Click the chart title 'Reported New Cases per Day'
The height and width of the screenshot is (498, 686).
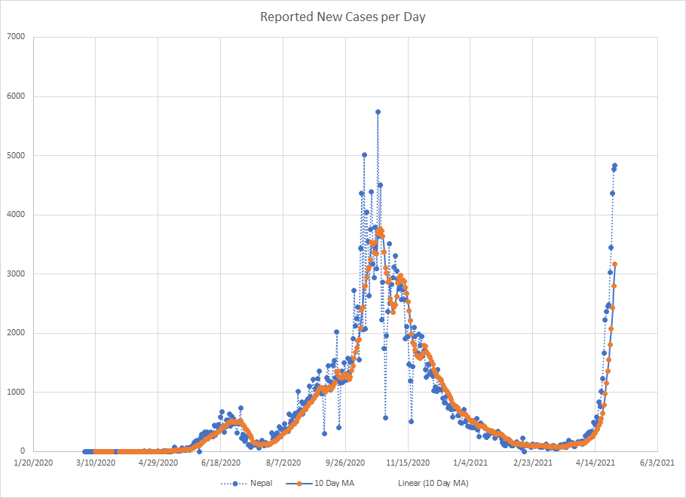pos(343,17)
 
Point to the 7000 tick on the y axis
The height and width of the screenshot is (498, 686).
pos(16,36)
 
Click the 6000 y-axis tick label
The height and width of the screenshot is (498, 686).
pos(16,96)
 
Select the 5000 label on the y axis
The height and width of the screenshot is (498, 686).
pos(16,155)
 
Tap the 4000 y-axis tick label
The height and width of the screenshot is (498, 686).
pos(16,214)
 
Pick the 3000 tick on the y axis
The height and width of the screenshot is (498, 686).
pos(16,273)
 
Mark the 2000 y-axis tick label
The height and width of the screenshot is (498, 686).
pos(16,332)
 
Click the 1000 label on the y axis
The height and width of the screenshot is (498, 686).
pos(16,392)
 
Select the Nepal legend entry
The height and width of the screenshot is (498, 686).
pos(251,483)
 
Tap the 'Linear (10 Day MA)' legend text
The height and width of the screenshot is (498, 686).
pos(433,483)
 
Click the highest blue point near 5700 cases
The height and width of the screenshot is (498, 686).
pos(378,112)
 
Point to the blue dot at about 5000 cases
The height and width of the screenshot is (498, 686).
pos(364,154)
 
